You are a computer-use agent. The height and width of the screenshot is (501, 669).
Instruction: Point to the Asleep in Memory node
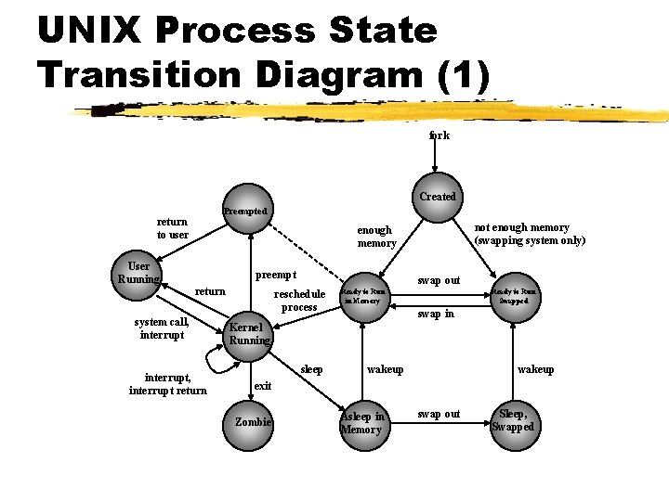click(362, 422)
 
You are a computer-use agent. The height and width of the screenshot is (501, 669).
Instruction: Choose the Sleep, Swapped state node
click(514, 421)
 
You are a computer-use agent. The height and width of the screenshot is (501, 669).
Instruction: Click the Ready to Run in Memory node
click(362, 296)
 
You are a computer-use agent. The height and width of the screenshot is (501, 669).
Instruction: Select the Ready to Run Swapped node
click(514, 296)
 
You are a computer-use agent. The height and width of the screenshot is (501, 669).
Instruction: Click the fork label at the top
click(439, 135)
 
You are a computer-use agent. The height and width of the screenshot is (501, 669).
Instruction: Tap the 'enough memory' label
click(376, 237)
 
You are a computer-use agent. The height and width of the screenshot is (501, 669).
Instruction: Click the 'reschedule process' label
click(299, 301)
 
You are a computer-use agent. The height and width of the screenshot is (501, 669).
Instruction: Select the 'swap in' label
click(436, 315)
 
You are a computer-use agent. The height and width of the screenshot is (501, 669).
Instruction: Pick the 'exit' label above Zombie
click(263, 385)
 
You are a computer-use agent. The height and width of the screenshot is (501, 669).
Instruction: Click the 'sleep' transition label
click(312, 369)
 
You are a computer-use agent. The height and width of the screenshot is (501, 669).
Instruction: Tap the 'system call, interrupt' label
click(162, 328)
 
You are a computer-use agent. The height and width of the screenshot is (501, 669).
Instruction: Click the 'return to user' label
click(172, 228)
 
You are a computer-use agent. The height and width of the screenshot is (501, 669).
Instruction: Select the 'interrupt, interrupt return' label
click(168, 384)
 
